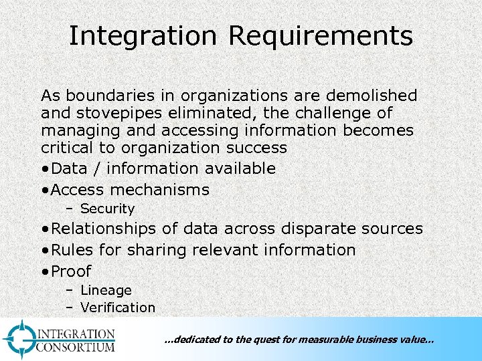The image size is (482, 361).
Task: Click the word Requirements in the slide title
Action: click(321, 36)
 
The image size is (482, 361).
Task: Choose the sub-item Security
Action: click(107, 209)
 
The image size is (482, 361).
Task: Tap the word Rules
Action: click(72, 250)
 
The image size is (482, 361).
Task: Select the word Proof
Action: click(71, 271)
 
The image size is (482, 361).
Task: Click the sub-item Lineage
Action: click(106, 290)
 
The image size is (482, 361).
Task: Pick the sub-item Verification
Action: click(117, 308)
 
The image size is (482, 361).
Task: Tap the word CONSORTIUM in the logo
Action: click(76, 346)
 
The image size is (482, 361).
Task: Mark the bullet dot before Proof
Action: click(44, 271)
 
